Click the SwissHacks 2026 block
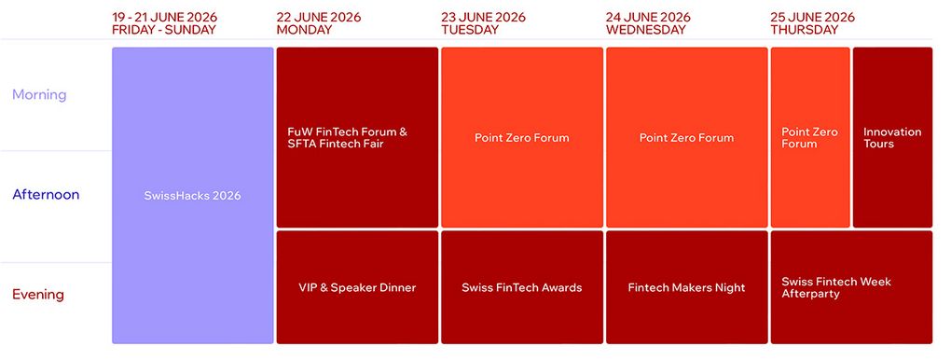(193, 196)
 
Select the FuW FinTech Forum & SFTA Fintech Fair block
(357, 137)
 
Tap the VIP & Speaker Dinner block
(357, 287)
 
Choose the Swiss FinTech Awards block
(522, 287)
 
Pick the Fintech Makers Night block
(686, 287)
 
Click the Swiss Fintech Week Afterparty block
(851, 287)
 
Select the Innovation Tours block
(893, 137)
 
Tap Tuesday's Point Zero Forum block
(522, 137)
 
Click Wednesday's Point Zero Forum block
(686, 137)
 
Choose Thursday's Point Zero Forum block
(810, 137)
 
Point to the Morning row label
(39, 95)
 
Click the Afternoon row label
(46, 195)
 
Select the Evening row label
(38, 295)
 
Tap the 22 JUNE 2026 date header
(319, 17)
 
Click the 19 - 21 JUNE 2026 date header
(164, 17)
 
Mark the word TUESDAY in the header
(469, 30)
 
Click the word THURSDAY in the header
(805, 30)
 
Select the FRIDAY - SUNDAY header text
(164, 30)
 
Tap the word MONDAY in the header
(304, 30)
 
